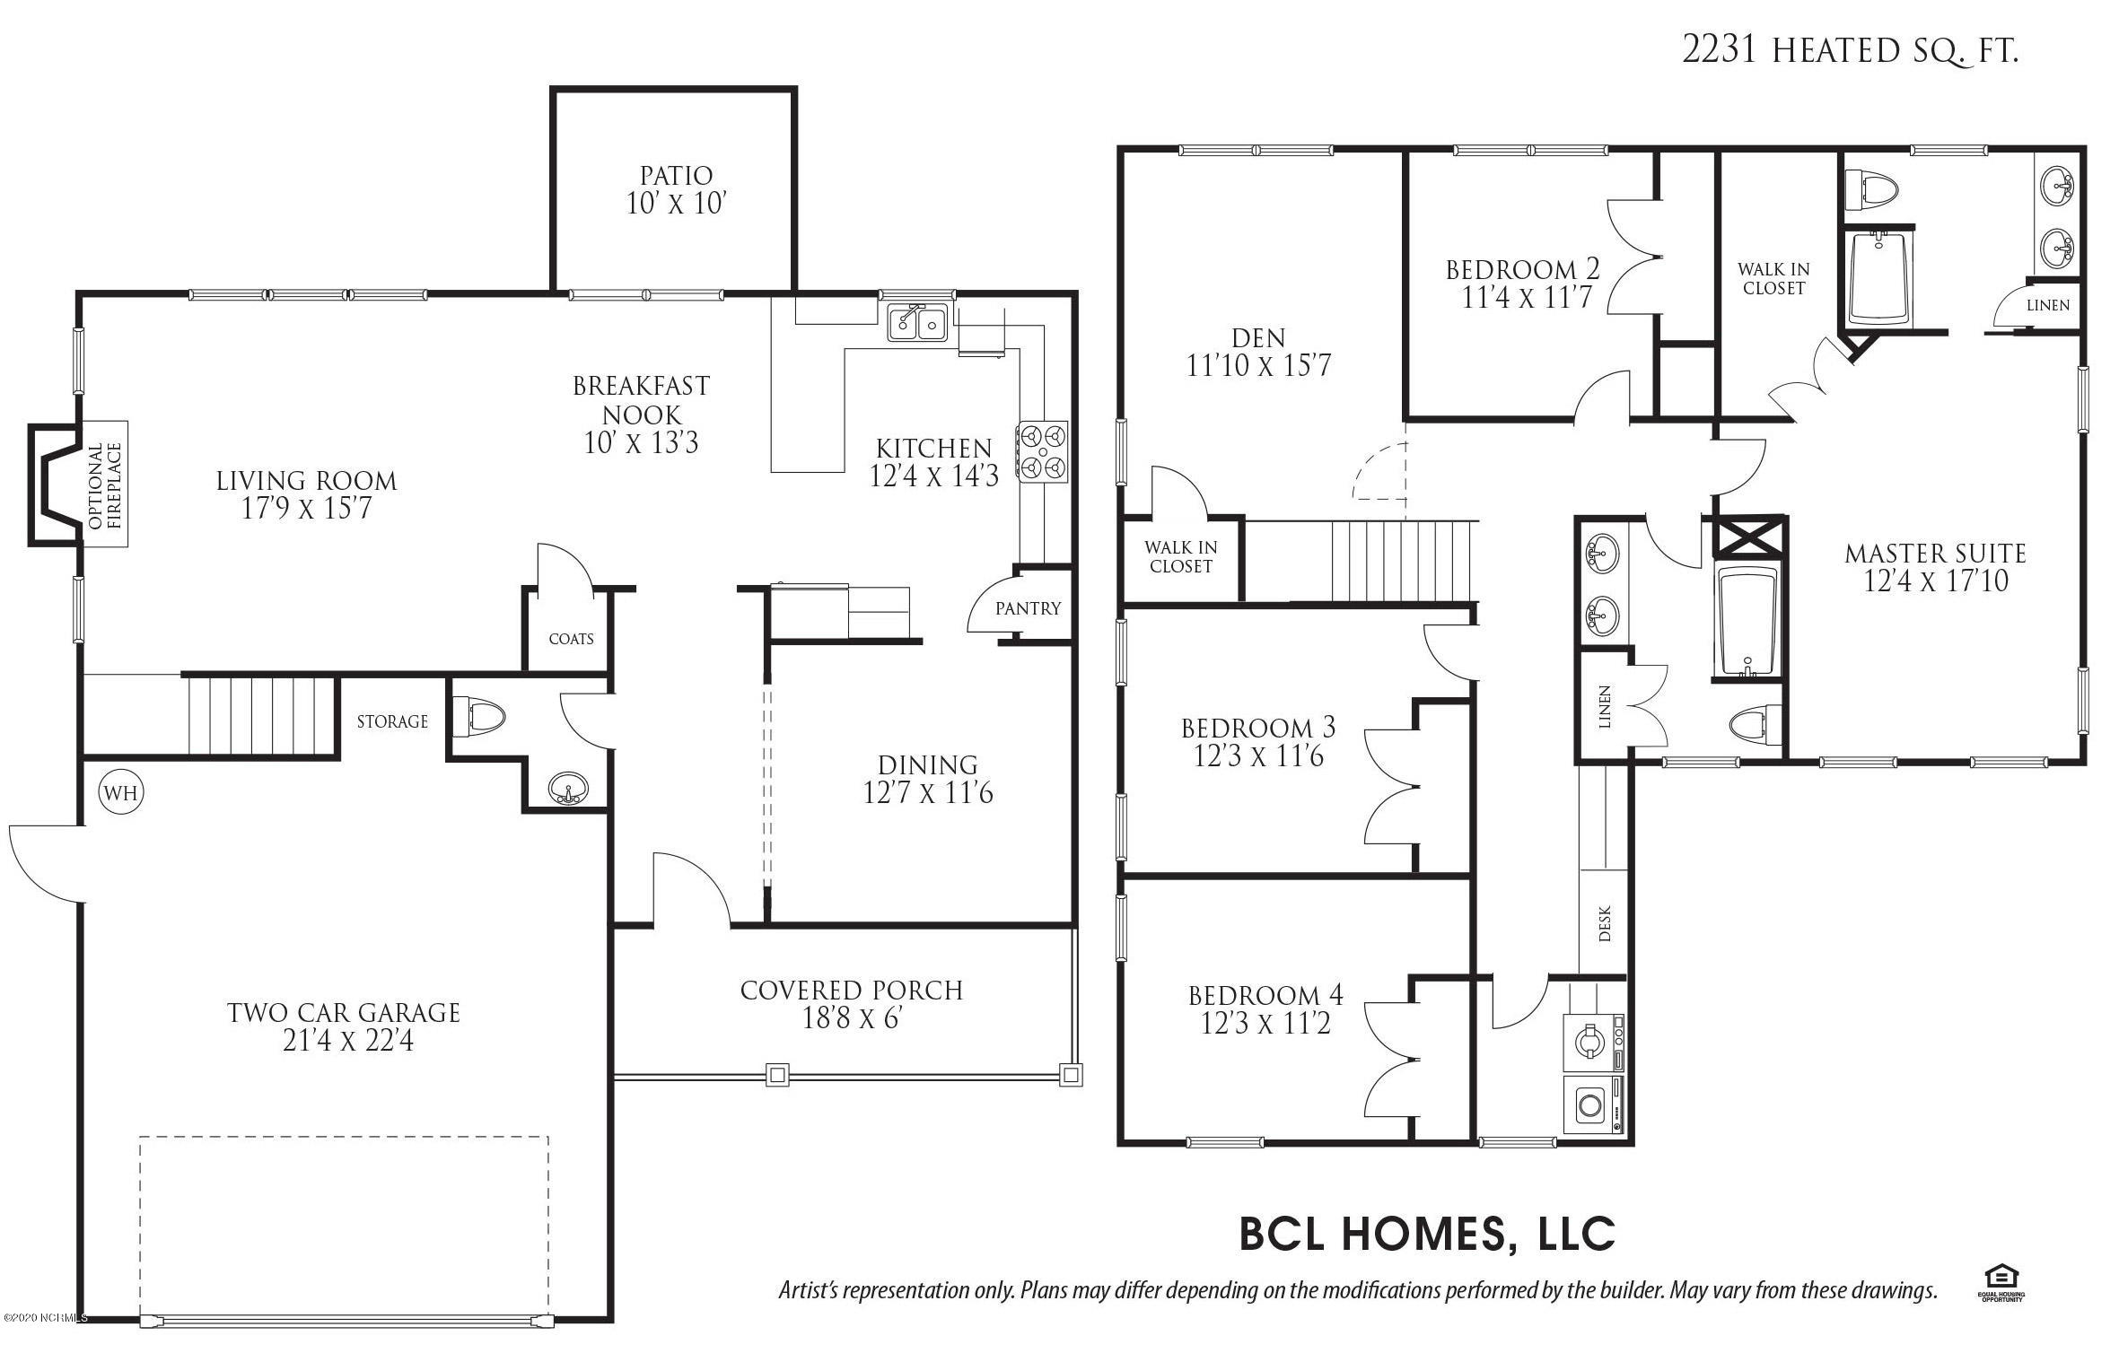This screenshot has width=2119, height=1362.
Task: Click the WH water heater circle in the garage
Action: coord(121,792)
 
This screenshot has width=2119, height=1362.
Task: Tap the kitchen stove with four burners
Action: coord(1042,452)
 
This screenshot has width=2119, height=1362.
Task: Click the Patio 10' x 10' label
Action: coord(676,189)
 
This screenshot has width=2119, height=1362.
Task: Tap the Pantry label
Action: coord(1028,608)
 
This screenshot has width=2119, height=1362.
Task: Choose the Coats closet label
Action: coord(572,639)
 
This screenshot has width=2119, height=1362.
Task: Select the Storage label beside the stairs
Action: coord(392,721)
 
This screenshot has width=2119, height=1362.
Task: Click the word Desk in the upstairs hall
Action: coord(1605,923)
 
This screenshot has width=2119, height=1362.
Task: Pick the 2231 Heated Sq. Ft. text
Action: coord(1850,50)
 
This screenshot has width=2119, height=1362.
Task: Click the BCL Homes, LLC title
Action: coord(1427,1233)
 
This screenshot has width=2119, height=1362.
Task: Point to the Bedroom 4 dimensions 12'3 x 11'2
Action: coord(1265,1023)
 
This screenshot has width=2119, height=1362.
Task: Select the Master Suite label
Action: coord(1935,554)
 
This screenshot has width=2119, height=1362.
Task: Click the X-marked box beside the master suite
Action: coord(1749,537)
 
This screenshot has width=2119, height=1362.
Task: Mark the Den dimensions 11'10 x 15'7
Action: coord(1258,366)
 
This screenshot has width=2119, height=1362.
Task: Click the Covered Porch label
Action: coord(852,991)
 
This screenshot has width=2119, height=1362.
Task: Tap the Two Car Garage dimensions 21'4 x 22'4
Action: coord(348,1041)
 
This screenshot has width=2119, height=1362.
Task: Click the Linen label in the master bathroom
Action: coord(2048,306)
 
